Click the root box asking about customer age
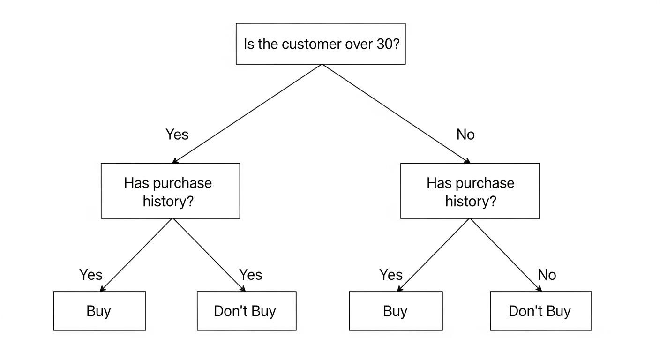(x=321, y=44)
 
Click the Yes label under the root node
(x=177, y=135)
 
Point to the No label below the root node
(x=465, y=135)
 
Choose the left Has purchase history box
(x=170, y=191)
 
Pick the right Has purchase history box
(x=470, y=191)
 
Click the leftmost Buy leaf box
(x=99, y=311)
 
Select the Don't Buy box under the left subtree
(x=246, y=311)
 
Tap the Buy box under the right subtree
(x=396, y=311)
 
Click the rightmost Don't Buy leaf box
(x=540, y=311)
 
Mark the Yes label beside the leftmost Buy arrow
(x=90, y=274)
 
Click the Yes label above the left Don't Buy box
(x=250, y=274)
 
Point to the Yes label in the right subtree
(x=390, y=274)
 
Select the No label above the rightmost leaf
(x=547, y=274)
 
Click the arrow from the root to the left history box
(x=247, y=113)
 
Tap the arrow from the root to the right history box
(x=396, y=113)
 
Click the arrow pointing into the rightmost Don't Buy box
(x=506, y=255)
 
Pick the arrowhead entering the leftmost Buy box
(x=102, y=289)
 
